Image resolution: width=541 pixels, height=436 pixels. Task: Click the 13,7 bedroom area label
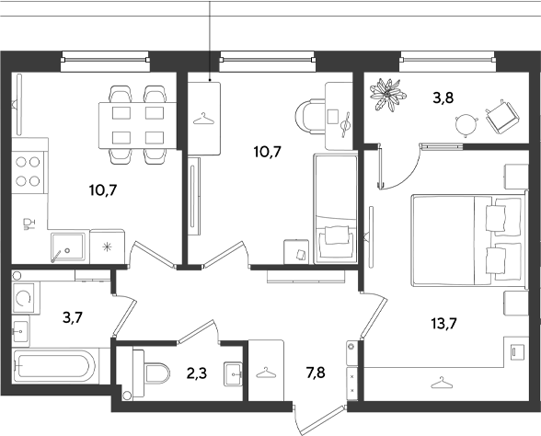[x=443, y=324]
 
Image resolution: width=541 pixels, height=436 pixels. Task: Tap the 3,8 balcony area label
[x=443, y=98]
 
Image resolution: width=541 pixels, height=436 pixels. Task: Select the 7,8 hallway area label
[x=316, y=373]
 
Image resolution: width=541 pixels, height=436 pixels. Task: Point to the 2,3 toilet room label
[x=197, y=373]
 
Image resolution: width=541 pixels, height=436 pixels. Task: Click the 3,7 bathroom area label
[x=73, y=317]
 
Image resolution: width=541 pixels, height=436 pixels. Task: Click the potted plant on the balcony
[x=387, y=95]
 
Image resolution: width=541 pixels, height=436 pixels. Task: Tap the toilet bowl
[x=153, y=373]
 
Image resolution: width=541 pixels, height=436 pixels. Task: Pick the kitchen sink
[x=68, y=247]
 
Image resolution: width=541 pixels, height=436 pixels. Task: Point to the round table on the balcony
[x=466, y=126]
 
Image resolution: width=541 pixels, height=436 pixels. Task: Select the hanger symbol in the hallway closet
[x=266, y=373]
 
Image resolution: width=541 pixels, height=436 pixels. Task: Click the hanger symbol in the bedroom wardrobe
[x=441, y=383]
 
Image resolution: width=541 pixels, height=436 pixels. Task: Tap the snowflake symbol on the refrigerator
[x=107, y=247]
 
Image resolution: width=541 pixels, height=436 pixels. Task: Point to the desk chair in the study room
[x=311, y=116]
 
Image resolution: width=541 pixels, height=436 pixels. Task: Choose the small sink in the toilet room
[x=234, y=373]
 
